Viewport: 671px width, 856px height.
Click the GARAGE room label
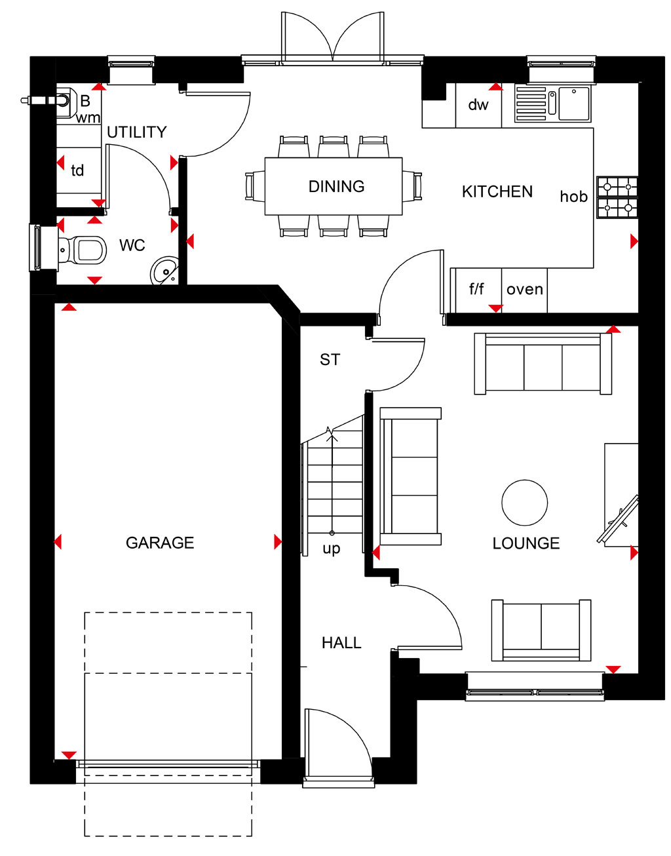(160, 543)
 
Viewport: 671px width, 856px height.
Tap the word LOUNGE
(526, 543)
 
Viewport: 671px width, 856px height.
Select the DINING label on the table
(336, 187)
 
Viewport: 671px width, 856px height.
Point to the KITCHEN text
(497, 192)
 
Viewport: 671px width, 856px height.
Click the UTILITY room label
(137, 132)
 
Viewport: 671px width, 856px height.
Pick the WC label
(132, 245)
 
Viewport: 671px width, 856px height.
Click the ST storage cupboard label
(330, 360)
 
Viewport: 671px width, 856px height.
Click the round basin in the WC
(164, 270)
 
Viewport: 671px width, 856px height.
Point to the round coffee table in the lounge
(524, 503)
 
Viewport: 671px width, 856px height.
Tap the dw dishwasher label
(478, 105)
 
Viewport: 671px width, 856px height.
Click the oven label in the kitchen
(524, 290)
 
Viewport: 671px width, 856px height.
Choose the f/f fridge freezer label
(476, 289)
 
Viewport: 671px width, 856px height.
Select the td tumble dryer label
(77, 170)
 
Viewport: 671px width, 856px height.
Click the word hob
(574, 196)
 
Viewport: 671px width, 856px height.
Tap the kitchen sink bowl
(575, 104)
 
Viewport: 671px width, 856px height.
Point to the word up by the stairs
(332, 549)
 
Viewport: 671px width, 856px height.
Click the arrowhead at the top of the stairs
(332, 432)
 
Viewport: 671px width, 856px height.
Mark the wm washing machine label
(88, 118)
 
